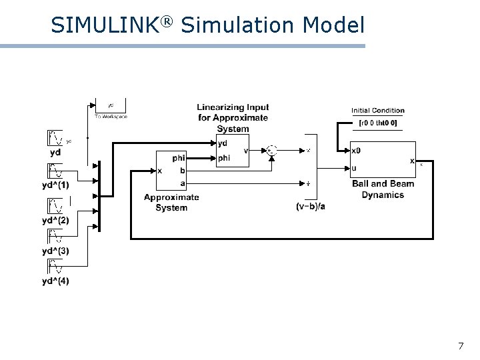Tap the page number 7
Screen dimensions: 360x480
pyautogui.click(x=461, y=346)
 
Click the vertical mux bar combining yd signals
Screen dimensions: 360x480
pyautogui.click(x=99, y=196)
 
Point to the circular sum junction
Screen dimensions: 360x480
pyautogui.click(x=271, y=151)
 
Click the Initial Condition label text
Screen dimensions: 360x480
pyautogui.click(x=378, y=111)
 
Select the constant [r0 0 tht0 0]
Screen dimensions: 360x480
pyautogui.click(x=378, y=123)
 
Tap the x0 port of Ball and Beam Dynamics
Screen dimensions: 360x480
pyautogui.click(x=357, y=151)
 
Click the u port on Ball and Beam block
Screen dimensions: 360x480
pyautogui.click(x=354, y=168)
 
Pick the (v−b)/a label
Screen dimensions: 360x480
pyautogui.click(x=311, y=207)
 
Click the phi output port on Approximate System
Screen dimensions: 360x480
pyautogui.click(x=179, y=159)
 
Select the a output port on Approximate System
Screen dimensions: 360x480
pyautogui.click(x=183, y=183)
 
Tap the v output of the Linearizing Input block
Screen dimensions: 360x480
pyautogui.click(x=246, y=151)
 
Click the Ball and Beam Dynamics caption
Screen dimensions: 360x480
pyautogui.click(x=383, y=189)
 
